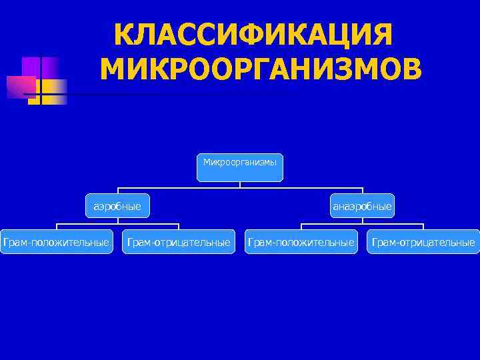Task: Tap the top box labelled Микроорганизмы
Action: pos(240,167)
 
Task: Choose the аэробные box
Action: pos(117,206)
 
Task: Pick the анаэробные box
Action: pos(363,206)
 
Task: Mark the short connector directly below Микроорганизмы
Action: pos(240,185)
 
